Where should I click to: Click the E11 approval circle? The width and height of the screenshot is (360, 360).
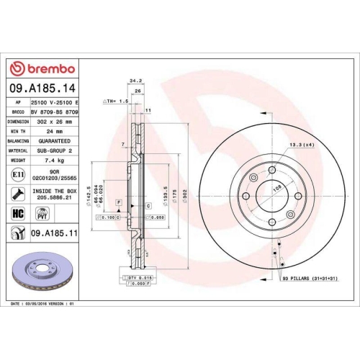click(17, 174)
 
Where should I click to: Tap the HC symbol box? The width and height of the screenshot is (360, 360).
click(17, 214)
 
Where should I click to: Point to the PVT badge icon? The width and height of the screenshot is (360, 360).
click(42, 213)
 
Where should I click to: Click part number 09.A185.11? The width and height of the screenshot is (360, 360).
click(53, 234)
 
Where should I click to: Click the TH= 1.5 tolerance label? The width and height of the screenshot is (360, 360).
click(115, 102)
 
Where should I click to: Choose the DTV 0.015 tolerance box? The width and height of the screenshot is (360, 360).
click(137, 277)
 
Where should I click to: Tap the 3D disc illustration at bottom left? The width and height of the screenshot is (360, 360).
click(43, 269)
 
